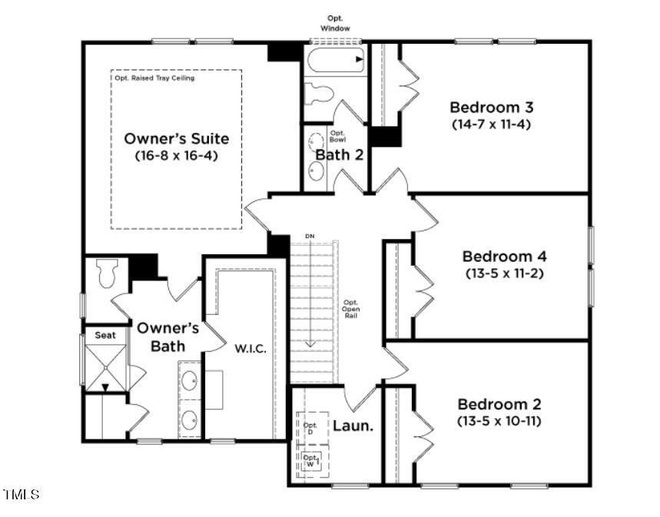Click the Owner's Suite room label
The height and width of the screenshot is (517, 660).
(177, 139)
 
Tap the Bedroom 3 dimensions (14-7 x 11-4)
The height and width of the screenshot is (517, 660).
(492, 123)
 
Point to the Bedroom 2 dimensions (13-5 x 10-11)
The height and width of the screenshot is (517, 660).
(499, 420)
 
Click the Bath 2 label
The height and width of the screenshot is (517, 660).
(339, 154)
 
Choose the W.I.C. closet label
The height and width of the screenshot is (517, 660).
(250, 349)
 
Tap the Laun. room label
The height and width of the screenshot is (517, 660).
(353, 424)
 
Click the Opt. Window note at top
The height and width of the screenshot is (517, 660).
(335, 23)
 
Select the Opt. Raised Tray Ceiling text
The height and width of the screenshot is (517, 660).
(154, 78)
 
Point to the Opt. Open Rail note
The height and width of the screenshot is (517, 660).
(351, 309)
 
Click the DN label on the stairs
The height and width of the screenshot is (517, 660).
(310, 236)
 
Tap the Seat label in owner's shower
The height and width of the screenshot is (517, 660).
(104, 335)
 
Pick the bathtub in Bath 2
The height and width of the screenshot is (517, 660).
(335, 60)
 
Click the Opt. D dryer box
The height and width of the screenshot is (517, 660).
(311, 429)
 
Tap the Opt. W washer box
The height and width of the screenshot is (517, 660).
(311, 461)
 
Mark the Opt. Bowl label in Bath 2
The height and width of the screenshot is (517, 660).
(338, 135)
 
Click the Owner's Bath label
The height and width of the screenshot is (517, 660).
(168, 337)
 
